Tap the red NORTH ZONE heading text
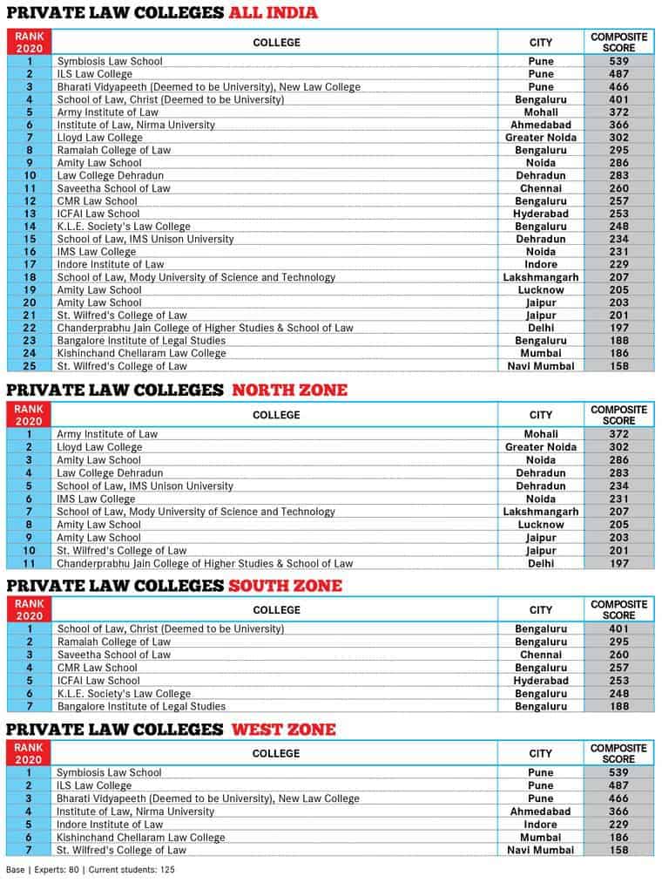pyautogui.click(x=289, y=390)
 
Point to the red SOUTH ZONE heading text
pyautogui.click(x=285, y=585)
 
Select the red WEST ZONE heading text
pyautogui.click(x=283, y=729)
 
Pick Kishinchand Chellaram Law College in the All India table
pyautogui.click(x=141, y=353)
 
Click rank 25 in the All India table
pyautogui.click(x=29, y=366)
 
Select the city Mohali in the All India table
pyautogui.click(x=541, y=112)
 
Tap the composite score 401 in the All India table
pyautogui.click(x=619, y=99)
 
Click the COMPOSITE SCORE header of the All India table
pyautogui.click(x=619, y=42)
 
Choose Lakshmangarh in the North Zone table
pyautogui.click(x=541, y=512)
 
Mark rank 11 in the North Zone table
pyautogui.click(x=29, y=564)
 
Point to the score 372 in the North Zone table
pyautogui.click(x=619, y=433)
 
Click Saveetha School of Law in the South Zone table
pyautogui.click(x=113, y=655)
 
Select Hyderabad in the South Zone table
pyautogui.click(x=541, y=680)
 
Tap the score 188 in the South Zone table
pyautogui.click(x=619, y=706)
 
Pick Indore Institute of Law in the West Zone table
pyautogui.click(x=110, y=824)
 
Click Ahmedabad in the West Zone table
pyautogui.click(x=541, y=811)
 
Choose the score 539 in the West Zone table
pyautogui.click(x=619, y=772)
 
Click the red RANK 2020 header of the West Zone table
pyautogui.click(x=29, y=753)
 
